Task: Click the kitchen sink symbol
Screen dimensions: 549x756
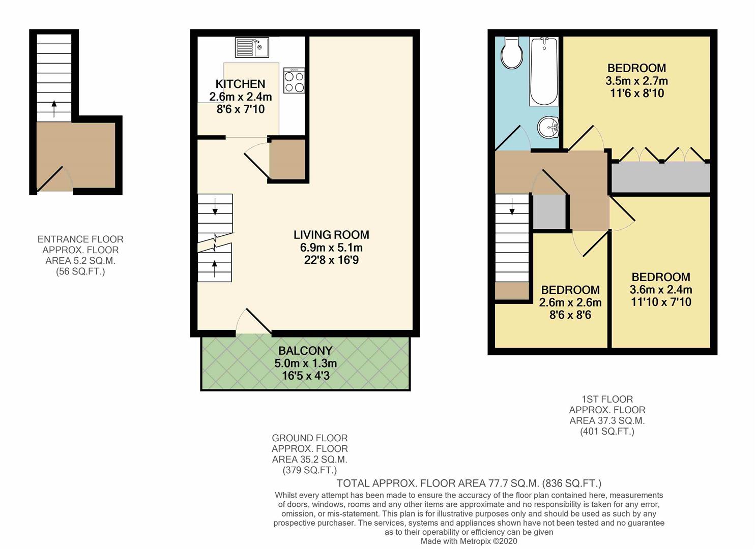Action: click(252, 48)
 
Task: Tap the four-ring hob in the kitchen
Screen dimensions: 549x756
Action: click(294, 81)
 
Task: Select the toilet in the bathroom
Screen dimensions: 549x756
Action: click(511, 53)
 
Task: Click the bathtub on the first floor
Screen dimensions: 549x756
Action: click(544, 71)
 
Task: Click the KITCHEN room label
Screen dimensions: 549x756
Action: click(240, 84)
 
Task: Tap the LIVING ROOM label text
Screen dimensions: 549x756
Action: click(331, 235)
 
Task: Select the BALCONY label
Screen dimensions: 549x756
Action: click(305, 351)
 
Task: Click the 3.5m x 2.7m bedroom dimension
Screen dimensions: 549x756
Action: click(636, 81)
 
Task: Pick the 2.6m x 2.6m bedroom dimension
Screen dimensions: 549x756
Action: click(570, 302)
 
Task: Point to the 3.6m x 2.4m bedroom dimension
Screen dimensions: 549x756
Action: click(661, 290)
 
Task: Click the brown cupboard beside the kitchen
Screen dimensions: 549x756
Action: click(287, 159)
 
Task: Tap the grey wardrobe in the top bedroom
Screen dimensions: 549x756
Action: click(660, 177)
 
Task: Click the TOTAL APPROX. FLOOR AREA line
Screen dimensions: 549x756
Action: click(469, 483)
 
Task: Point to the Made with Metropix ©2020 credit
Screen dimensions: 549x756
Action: click(469, 541)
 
